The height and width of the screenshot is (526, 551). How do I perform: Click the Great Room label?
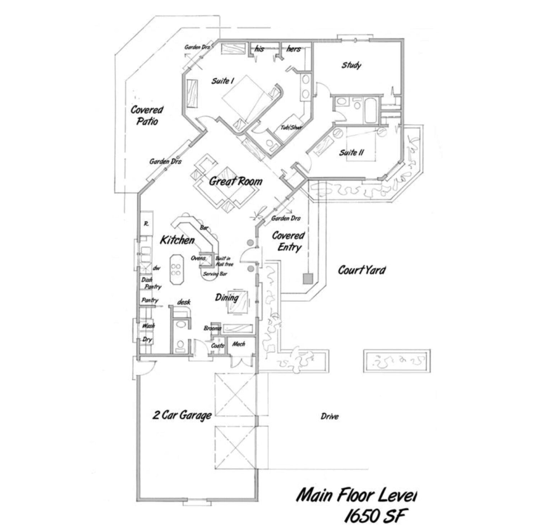235,182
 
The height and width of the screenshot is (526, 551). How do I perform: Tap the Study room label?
351,65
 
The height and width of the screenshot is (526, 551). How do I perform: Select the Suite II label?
352,152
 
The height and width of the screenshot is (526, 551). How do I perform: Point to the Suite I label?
222,81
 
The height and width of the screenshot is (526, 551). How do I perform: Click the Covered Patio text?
147,115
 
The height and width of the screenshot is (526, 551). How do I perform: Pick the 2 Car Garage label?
182,415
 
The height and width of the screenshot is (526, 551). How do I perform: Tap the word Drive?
329,417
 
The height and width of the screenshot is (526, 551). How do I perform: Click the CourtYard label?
362,270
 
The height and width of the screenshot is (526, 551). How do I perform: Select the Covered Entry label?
288,241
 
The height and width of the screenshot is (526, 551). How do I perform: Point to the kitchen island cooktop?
176,269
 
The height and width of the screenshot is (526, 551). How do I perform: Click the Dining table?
237,301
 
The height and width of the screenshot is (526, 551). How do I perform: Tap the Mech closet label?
239,344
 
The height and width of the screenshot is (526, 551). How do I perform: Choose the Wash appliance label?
148,326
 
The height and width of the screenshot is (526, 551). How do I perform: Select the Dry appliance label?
147,339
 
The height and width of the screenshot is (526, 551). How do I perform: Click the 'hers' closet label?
293,49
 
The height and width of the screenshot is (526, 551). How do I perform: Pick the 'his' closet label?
259,49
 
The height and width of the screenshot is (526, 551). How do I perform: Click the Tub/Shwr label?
291,127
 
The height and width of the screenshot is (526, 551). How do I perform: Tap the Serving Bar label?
215,274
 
